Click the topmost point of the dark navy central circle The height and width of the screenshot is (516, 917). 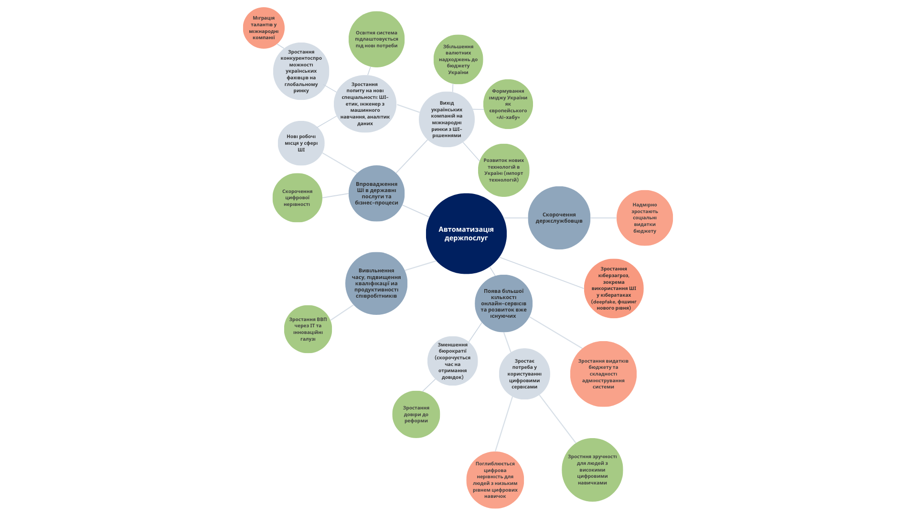pos(466,193)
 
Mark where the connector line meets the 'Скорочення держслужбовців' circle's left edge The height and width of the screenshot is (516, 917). pos(528,218)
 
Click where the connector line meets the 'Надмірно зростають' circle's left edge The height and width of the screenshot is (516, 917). pos(617,218)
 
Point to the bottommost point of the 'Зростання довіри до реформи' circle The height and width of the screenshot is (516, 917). pos(416,438)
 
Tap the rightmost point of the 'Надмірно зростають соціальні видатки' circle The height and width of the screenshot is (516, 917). pos(673,218)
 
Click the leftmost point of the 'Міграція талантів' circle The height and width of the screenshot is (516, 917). pos(243,28)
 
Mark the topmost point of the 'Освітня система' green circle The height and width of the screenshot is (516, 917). pos(377,11)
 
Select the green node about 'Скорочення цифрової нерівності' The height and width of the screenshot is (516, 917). pos(297,198)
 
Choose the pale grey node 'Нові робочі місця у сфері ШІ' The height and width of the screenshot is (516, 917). pos(301,143)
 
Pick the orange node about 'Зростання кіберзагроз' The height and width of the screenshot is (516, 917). pos(614,289)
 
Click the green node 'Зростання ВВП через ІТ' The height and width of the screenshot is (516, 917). pos(308,329)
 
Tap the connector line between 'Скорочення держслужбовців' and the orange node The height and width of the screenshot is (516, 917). pos(603,218)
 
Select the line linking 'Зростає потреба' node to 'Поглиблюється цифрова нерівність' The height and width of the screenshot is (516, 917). pos(504,424)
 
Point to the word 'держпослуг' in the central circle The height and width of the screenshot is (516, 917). pos(466,238)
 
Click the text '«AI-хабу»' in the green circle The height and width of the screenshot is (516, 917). pos(508,118)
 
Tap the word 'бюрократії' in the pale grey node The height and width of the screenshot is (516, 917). pos(453,351)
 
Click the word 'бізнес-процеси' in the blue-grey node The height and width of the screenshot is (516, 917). pos(376,203)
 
